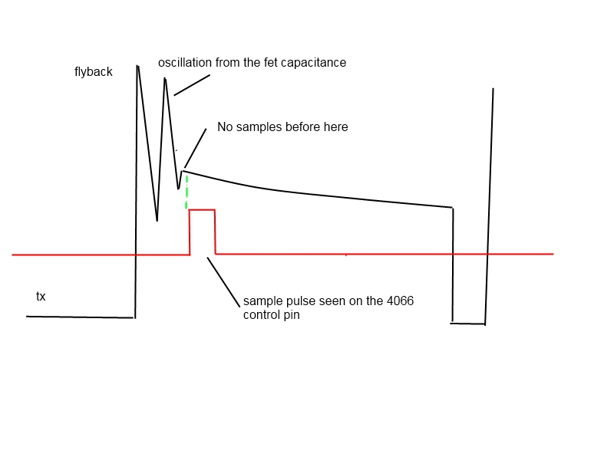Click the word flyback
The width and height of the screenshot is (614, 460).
pyautogui.click(x=93, y=71)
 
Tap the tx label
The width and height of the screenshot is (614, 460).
pyautogui.click(x=41, y=296)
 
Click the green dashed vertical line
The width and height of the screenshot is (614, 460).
pyautogui.click(x=187, y=192)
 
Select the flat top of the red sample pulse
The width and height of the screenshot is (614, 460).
pyautogui.click(x=202, y=210)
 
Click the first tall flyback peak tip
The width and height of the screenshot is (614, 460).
pyautogui.click(x=137, y=66)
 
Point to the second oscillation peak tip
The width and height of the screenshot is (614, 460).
pyautogui.click(x=165, y=78)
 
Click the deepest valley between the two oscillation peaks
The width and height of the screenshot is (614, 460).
pyautogui.click(x=157, y=221)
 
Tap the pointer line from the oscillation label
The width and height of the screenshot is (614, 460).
pyautogui.click(x=192, y=85)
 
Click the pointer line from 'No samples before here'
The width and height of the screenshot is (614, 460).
pyautogui.click(x=196, y=148)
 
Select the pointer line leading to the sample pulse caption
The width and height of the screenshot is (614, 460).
pyautogui.click(x=223, y=281)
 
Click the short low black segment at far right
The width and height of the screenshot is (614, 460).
pyautogui.click(x=468, y=324)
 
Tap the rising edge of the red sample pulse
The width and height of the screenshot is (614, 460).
pyautogui.click(x=190, y=232)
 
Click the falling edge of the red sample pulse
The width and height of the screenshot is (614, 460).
pyautogui.click(x=215, y=232)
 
